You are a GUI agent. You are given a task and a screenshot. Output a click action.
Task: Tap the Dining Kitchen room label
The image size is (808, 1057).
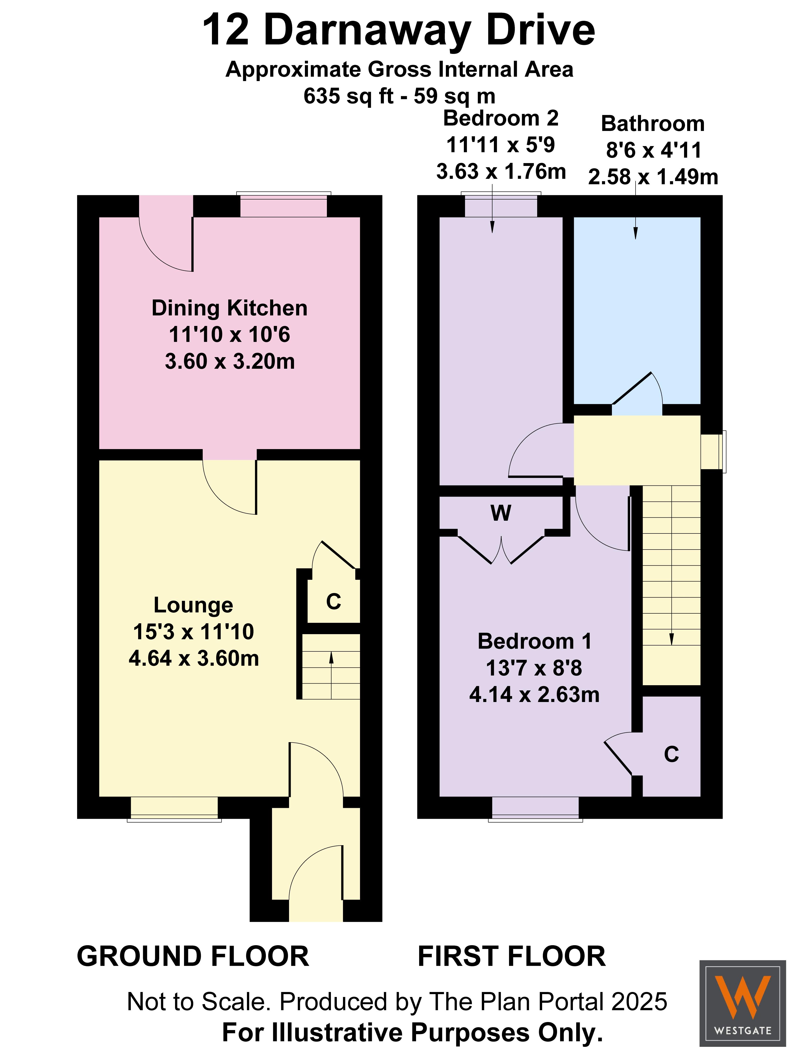point(229,308)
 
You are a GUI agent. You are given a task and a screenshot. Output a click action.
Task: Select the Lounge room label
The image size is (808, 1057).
point(193,605)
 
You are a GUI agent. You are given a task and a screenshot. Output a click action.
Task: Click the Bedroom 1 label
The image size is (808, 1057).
point(534,641)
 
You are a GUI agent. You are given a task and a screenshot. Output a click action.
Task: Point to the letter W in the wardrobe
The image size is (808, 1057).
point(501,513)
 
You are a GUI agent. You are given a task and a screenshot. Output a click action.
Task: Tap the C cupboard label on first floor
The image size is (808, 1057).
point(672,754)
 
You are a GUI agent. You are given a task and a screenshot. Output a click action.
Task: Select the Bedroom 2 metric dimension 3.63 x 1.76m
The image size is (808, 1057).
point(501,172)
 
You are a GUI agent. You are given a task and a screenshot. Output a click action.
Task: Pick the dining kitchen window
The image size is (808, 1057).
point(284,204)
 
